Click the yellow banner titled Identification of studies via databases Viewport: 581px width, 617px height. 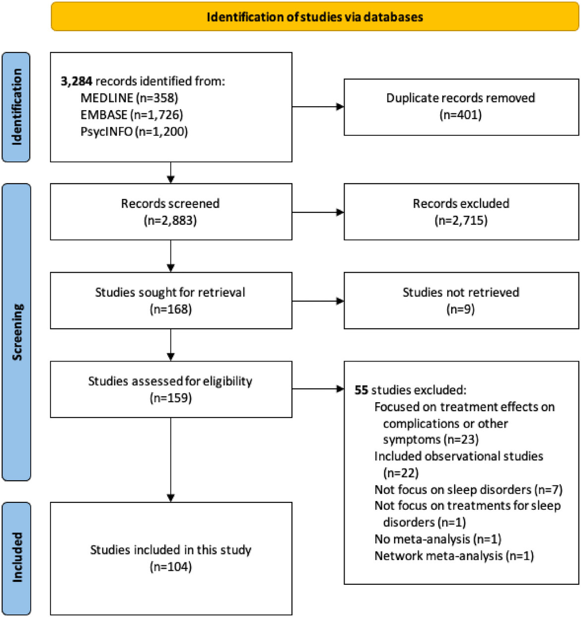click(x=315, y=16)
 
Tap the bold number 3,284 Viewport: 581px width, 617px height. click(x=76, y=81)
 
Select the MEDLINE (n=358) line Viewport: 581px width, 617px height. click(x=129, y=98)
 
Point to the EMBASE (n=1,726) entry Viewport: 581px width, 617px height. click(x=132, y=115)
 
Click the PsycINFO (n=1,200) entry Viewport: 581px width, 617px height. click(x=134, y=132)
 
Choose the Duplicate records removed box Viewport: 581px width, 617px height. click(x=462, y=107)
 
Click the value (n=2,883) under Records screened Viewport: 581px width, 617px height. click(x=171, y=221)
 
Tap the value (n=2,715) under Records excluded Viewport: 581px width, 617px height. click(x=461, y=221)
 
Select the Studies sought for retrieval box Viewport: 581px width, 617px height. click(x=171, y=301)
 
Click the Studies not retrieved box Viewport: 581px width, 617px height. click(x=462, y=301)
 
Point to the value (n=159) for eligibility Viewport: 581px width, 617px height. click(x=171, y=398)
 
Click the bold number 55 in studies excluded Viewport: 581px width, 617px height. click(x=361, y=390)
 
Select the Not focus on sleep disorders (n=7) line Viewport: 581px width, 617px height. click(x=468, y=490)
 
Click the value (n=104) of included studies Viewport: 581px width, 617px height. click(x=171, y=567)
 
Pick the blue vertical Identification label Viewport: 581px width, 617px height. click(x=16, y=107)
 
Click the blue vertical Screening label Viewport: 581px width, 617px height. click(x=16, y=332)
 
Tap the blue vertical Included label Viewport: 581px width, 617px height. click(x=16, y=558)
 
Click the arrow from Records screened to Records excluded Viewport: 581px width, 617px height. click(x=318, y=212)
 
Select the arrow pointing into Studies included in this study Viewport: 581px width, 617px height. click(x=171, y=460)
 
